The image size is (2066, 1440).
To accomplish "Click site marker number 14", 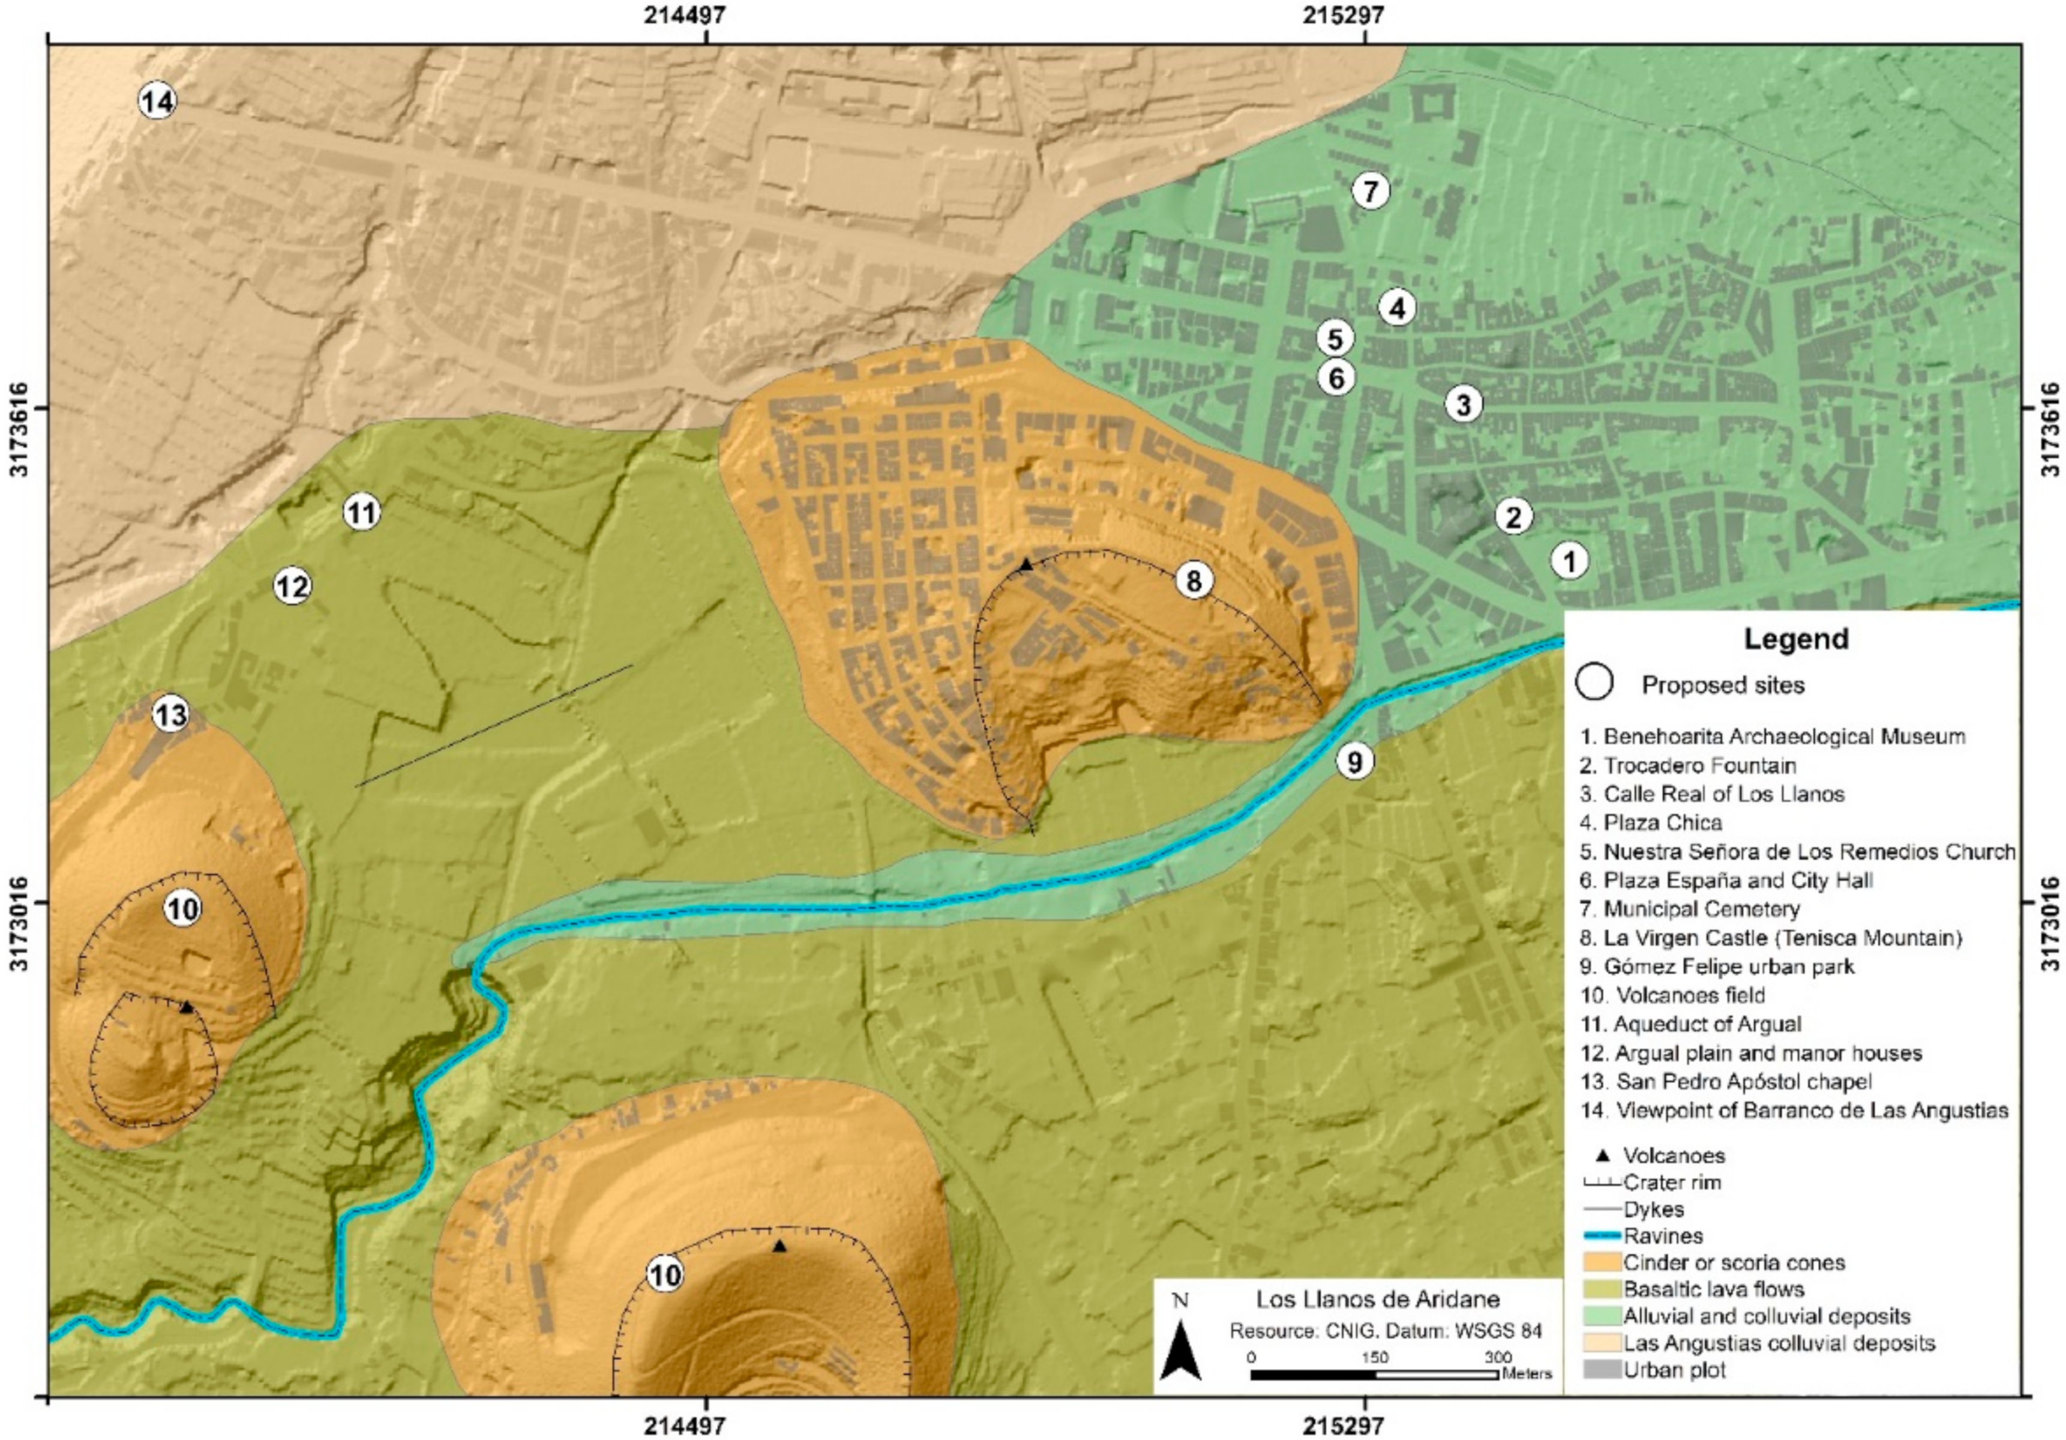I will [157, 101].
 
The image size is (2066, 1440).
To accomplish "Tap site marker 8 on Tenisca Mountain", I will [1193, 580].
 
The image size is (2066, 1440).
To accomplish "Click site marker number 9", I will [1354, 761].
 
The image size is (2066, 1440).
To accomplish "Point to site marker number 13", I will [171, 715].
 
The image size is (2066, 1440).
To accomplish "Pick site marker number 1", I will [1569, 561].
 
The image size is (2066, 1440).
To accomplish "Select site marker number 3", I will [1463, 405].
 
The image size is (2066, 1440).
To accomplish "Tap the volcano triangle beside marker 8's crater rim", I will [1026, 564].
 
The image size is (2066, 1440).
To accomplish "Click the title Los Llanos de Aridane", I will [1378, 1299].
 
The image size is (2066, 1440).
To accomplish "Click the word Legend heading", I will [1795, 639].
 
